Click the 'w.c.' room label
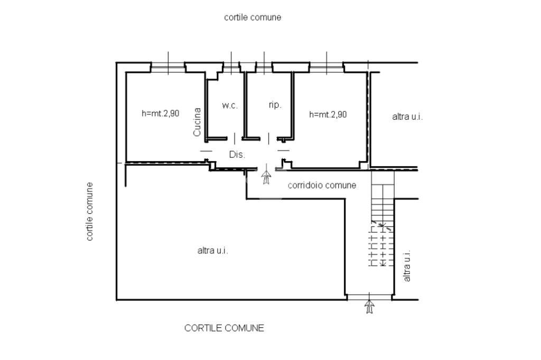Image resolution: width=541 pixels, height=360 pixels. pos(230,105)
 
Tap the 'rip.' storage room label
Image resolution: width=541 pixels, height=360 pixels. pos(275,105)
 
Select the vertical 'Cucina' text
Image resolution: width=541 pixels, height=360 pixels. pos(197,122)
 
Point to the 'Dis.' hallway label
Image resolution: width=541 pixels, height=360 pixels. pos(237,155)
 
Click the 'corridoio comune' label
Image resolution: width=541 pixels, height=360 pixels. pos(322,185)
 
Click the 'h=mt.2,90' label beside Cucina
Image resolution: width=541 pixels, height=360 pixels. pos(161,113)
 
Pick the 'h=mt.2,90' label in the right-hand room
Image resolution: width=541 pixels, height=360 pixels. pos(328,114)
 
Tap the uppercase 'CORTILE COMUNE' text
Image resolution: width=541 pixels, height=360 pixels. pos(224,328)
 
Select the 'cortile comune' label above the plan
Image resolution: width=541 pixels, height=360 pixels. pos(253,17)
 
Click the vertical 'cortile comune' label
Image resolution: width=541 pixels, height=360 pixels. pos(89,211)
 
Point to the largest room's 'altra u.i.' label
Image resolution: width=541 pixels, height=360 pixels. pos(212,250)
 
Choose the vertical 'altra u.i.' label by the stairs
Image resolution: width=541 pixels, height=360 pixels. pos(407,266)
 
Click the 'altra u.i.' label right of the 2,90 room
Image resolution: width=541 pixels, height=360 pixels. pos(407,117)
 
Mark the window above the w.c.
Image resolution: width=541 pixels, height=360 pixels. pos(231,67)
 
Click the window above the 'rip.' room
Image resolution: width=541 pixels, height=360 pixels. pos(264,67)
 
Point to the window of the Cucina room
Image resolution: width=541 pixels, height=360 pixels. pos(168,67)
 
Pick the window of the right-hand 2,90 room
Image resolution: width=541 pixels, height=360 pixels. pos(327,67)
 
